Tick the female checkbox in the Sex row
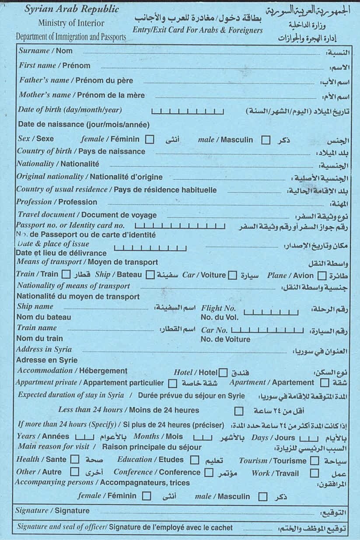tap(150, 140)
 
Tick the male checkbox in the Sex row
tap(266, 140)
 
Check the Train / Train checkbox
tap(66, 275)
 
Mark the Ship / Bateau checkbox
tap(150, 275)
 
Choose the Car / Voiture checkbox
tap(233, 275)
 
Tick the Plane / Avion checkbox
tap(322, 276)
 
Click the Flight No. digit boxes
tap(271, 312)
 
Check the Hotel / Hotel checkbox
tap(223, 373)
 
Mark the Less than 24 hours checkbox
tap(239, 411)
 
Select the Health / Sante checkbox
tap(75, 460)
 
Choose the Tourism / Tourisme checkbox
tap(314, 461)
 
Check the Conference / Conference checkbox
tap(209, 473)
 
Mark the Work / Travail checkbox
tap(314, 473)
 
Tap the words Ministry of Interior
tap(71, 23)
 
